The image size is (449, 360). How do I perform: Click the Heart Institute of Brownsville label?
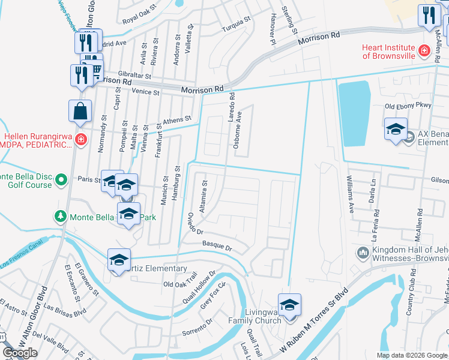point(388,52)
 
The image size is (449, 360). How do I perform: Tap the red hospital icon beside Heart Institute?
point(424,51)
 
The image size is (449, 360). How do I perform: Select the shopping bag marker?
point(80,111)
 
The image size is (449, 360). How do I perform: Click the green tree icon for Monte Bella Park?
point(60,216)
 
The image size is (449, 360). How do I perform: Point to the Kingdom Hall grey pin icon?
point(362,252)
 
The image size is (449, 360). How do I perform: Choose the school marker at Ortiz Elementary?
point(119,260)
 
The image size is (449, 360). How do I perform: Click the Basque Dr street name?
point(217,247)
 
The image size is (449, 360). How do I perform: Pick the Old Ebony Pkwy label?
point(408,106)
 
